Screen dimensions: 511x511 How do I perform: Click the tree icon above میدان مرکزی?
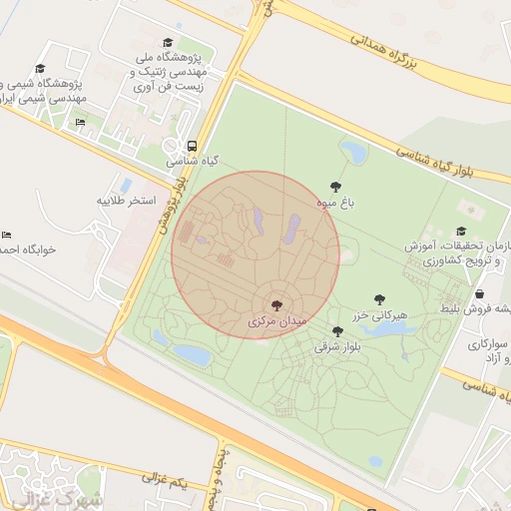[x=276, y=305]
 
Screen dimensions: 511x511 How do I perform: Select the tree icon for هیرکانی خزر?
[x=379, y=298]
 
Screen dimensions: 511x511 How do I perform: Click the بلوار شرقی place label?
[x=337, y=347]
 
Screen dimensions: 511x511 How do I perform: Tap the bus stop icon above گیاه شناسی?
[x=192, y=144]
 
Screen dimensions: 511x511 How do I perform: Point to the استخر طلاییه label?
[x=127, y=201]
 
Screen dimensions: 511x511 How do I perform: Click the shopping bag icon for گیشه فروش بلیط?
[x=480, y=294]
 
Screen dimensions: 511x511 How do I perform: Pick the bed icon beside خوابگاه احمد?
[x=6, y=234]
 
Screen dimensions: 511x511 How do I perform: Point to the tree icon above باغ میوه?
[x=336, y=187]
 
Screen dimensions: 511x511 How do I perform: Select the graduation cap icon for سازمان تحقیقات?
[x=461, y=204]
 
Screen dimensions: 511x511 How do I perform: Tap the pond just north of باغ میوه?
[x=354, y=153]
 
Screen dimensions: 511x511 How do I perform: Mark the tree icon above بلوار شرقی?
[x=337, y=331]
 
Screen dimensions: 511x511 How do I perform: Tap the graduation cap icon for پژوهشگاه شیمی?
[x=40, y=69]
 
